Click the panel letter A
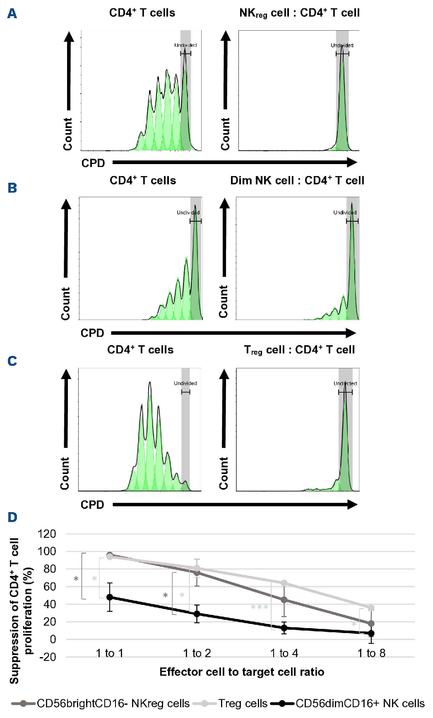point(12,14)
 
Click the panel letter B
point(12,188)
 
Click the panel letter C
point(12,361)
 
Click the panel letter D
point(12,517)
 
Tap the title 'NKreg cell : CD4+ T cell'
point(299,13)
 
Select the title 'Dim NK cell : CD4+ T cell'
point(297,181)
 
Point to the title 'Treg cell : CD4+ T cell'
point(299,350)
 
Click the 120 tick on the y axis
point(47,534)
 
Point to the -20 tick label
point(47,657)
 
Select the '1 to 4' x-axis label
point(284,653)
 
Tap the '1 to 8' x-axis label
point(371,653)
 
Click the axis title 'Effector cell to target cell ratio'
point(242,672)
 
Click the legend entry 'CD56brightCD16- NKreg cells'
point(113,703)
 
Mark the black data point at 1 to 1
point(110,597)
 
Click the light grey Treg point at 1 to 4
point(284,583)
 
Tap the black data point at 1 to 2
point(197,614)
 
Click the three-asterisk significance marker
point(260,607)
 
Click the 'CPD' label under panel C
point(92,505)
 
